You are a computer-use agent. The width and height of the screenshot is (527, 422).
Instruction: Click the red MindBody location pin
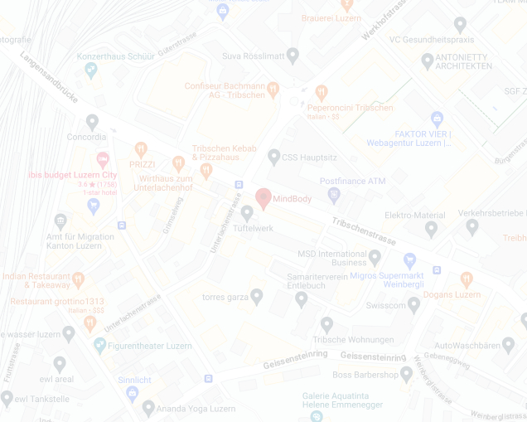click(x=263, y=198)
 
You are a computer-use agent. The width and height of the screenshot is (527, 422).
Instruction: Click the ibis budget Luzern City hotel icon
click(x=103, y=159)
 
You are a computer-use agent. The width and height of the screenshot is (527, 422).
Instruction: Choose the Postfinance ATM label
click(x=353, y=181)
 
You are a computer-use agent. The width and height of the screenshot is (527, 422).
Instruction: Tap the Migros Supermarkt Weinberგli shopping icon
click(x=409, y=260)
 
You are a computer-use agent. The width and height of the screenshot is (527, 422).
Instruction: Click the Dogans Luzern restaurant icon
click(x=466, y=279)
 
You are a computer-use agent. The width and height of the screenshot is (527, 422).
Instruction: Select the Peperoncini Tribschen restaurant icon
click(x=322, y=92)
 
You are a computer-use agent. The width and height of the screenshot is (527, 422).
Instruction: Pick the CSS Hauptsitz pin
click(x=274, y=156)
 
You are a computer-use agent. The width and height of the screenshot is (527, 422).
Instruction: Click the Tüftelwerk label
click(x=253, y=227)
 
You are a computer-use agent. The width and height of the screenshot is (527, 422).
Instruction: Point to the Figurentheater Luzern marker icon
click(x=99, y=345)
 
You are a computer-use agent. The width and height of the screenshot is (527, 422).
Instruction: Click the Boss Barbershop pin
click(x=406, y=374)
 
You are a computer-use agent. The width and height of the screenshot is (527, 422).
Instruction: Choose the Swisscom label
click(x=385, y=305)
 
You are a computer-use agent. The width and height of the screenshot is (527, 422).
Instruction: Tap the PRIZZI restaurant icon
click(x=140, y=150)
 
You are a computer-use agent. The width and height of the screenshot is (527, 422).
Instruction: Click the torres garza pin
click(x=257, y=296)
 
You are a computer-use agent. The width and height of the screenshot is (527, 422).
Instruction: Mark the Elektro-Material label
click(x=415, y=215)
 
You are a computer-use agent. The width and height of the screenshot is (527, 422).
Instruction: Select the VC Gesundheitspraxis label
click(x=431, y=39)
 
